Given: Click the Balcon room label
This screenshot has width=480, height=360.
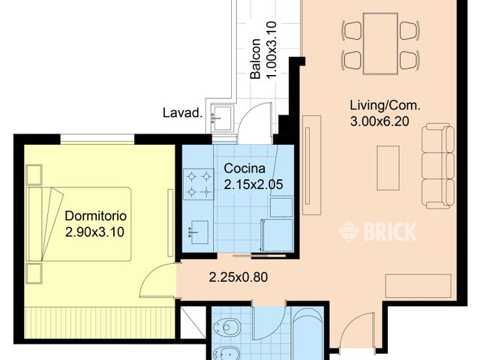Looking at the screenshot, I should (255, 58).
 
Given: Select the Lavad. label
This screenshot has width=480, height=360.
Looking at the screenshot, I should (183, 114).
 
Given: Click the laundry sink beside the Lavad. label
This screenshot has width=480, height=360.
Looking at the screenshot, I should (222, 116).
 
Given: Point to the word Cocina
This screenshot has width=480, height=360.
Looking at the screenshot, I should (242, 167).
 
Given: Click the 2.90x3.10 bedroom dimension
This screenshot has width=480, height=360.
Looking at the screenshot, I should (94, 232).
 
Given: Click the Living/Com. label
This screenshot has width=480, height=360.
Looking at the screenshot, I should (385, 105).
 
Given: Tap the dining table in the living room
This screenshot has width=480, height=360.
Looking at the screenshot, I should (380, 43).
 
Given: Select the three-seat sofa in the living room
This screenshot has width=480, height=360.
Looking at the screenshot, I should (437, 166).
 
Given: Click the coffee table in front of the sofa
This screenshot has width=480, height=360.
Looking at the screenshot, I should (388, 167).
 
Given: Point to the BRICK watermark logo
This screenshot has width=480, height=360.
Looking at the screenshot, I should (377, 232).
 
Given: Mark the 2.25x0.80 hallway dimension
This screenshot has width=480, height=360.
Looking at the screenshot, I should (238, 277).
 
